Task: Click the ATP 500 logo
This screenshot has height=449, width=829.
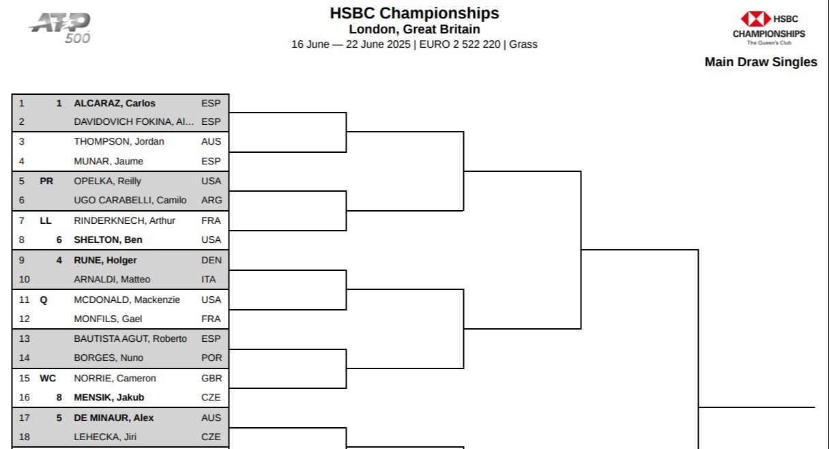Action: point(59,28)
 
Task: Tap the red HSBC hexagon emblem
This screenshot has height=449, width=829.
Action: point(755,19)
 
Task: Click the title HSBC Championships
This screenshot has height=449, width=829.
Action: point(414,13)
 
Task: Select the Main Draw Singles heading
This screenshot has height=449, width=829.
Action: point(761,62)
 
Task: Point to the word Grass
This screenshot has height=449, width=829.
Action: point(523,44)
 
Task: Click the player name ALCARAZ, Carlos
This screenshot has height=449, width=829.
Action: point(115,103)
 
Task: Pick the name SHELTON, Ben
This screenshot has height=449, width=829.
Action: point(108,240)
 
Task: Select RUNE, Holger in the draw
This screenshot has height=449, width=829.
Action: point(105,260)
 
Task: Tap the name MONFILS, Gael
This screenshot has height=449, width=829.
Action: point(108,319)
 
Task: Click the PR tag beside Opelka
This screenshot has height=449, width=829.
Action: point(46,181)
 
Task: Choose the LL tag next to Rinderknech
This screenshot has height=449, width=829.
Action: point(46,220)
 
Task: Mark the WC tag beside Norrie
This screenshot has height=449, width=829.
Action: point(48,378)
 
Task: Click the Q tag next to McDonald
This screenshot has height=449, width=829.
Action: point(44,300)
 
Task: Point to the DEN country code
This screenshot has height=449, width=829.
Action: point(212,260)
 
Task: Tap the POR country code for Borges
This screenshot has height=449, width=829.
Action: point(212,358)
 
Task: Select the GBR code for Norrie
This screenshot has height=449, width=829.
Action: point(212,378)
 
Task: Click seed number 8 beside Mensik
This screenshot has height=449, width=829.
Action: point(59,398)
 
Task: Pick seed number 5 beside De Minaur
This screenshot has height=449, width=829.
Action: point(59,418)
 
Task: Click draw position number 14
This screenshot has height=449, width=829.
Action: point(25,358)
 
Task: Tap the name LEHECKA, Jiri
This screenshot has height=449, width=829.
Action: point(105,437)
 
